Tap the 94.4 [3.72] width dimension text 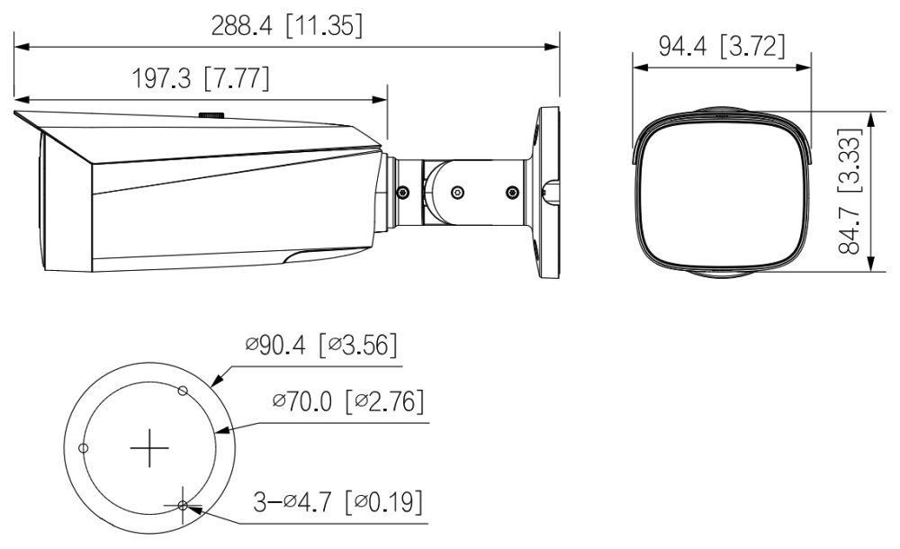[721, 47]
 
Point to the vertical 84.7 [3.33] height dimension [850, 192]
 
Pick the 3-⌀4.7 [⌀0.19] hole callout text [337, 502]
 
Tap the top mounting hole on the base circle [183, 391]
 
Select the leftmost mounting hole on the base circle [83, 447]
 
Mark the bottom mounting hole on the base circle [183, 506]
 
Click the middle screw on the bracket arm [457, 193]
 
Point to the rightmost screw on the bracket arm [512, 193]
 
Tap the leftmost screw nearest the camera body [402, 193]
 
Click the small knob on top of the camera [212, 115]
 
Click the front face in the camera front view [722, 193]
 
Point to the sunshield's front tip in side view [17, 113]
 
